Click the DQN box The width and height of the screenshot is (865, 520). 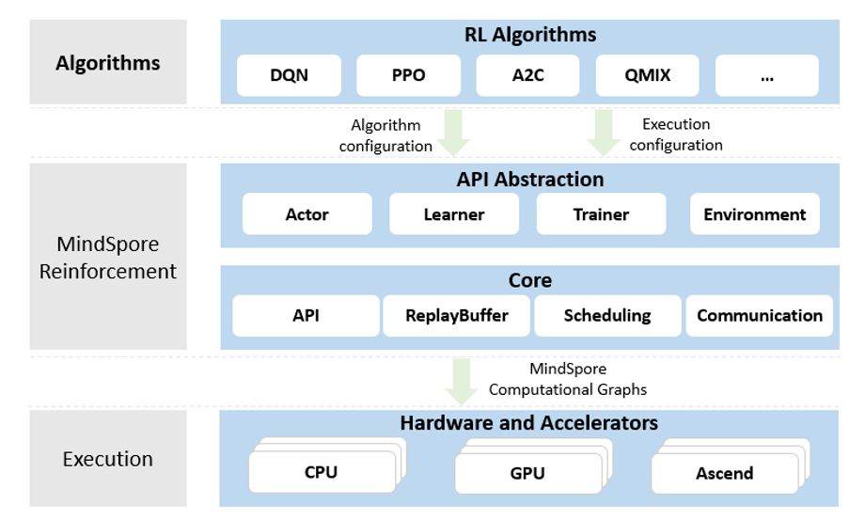coord(288,75)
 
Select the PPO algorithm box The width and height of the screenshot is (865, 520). coord(408,75)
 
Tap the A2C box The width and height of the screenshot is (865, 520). coord(528,75)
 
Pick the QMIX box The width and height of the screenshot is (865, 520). coord(648,75)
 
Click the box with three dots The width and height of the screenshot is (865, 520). coord(767,75)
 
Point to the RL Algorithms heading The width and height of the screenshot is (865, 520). coord(529,35)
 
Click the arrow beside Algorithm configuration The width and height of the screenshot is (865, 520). coord(455,133)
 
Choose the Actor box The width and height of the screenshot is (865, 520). coord(307,214)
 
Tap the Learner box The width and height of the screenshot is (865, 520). coord(454,214)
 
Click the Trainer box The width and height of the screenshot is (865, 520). coord(601,214)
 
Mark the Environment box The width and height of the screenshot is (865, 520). coord(754,214)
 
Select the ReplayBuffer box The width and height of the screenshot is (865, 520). coord(457,316)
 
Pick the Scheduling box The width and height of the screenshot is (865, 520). coord(607,316)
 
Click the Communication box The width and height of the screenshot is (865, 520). coord(760,316)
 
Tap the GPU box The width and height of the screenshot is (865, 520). coord(527,472)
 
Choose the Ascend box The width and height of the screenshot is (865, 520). coord(724,472)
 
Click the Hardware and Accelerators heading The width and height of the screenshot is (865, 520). coord(529,423)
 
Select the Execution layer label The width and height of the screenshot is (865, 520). coord(107,459)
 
